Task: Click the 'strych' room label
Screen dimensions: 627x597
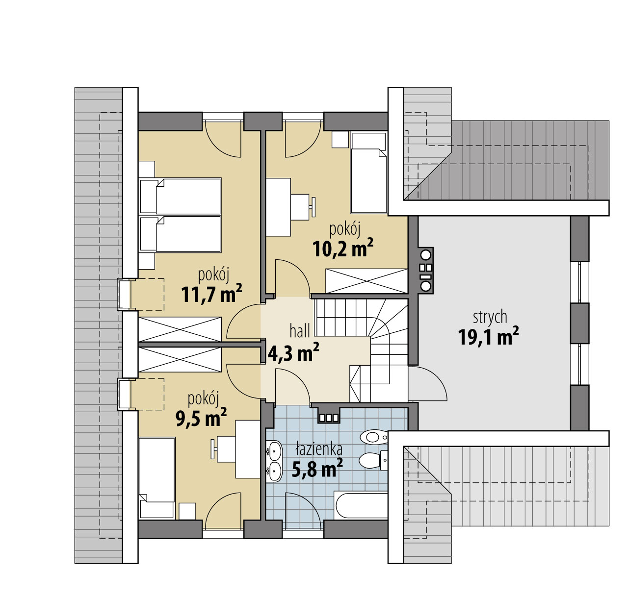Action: (490, 317)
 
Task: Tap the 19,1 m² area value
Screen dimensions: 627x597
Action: (488, 337)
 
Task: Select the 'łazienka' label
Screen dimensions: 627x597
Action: (318, 449)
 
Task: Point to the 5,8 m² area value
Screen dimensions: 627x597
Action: (317, 468)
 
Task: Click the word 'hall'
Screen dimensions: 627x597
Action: (299, 331)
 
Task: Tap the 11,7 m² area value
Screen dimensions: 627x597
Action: (211, 293)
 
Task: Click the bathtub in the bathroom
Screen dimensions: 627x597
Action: (361, 505)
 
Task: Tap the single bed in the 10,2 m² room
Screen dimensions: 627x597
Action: (368, 173)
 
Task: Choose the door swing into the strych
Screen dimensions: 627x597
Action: (427, 383)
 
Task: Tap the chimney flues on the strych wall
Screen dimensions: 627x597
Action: (426, 270)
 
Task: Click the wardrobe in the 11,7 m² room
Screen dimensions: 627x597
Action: (180, 329)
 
